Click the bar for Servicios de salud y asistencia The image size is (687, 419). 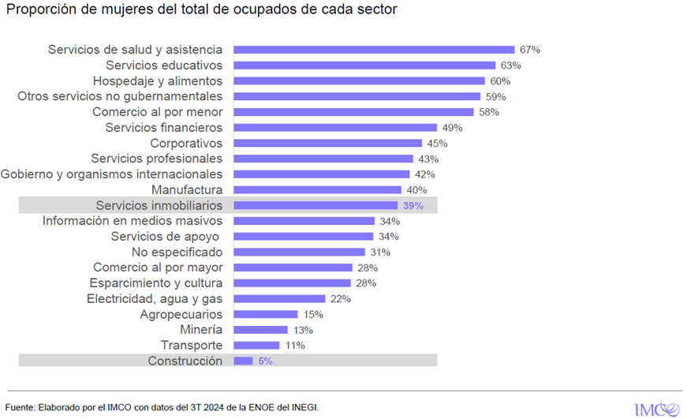(374, 50)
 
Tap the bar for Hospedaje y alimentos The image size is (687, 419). (359, 80)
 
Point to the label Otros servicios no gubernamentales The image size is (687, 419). (120, 96)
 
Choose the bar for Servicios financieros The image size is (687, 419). (335, 127)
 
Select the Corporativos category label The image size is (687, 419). (186, 143)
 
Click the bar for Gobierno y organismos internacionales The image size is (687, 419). (322, 174)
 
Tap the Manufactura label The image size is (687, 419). (187, 189)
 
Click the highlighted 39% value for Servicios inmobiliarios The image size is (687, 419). (413, 205)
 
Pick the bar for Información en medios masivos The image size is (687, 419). (303, 221)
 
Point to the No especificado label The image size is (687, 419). (177, 252)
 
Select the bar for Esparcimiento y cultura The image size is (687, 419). (293, 283)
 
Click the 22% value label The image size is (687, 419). (341, 299)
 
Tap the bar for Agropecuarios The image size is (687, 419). (266, 314)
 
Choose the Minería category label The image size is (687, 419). (201, 330)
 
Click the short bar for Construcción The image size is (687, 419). (243, 361)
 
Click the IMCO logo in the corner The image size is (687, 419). (656, 408)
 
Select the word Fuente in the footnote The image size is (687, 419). (21, 407)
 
